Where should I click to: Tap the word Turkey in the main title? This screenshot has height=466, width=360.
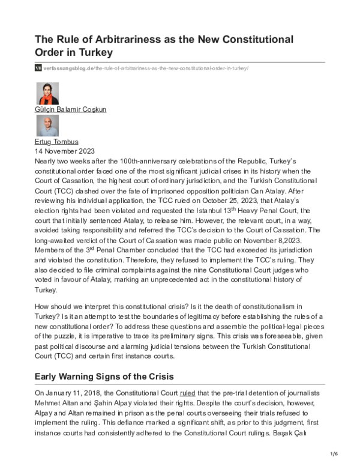[95, 52]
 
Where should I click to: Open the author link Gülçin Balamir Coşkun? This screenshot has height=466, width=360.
[71, 110]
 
